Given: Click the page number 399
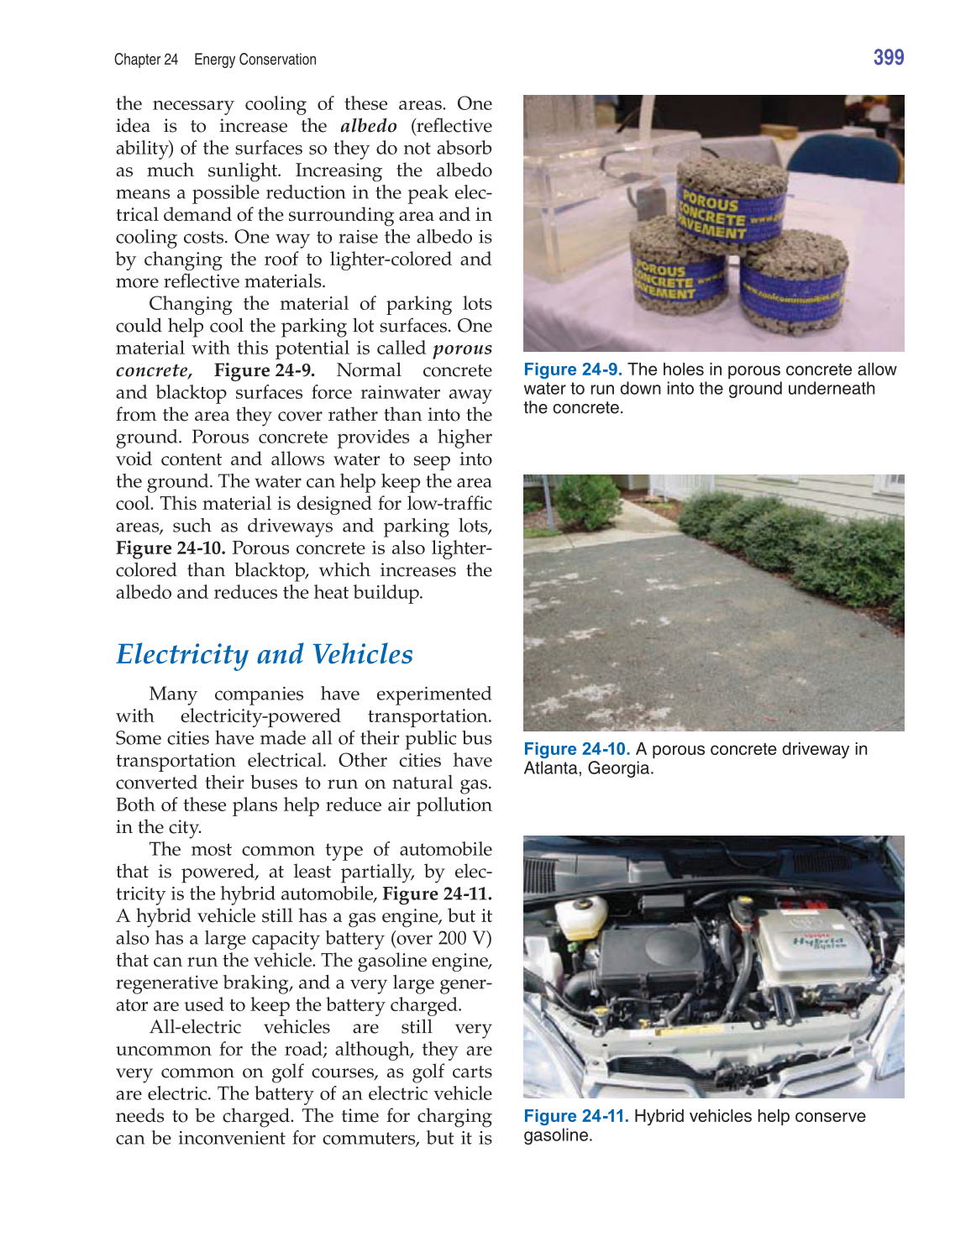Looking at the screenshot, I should coord(888,58).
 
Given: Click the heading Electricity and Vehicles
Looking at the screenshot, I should coord(265,654).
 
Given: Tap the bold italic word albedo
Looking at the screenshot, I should coord(369,126).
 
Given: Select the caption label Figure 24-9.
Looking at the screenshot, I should coord(572,369).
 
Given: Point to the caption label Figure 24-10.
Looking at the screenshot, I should coord(576,749).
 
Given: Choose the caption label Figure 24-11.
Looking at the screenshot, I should coord(576,1116).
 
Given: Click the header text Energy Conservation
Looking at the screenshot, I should coord(255,60).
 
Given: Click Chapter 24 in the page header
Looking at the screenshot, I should coord(146,60).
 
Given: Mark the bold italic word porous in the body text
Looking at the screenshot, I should coord(462,348).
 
